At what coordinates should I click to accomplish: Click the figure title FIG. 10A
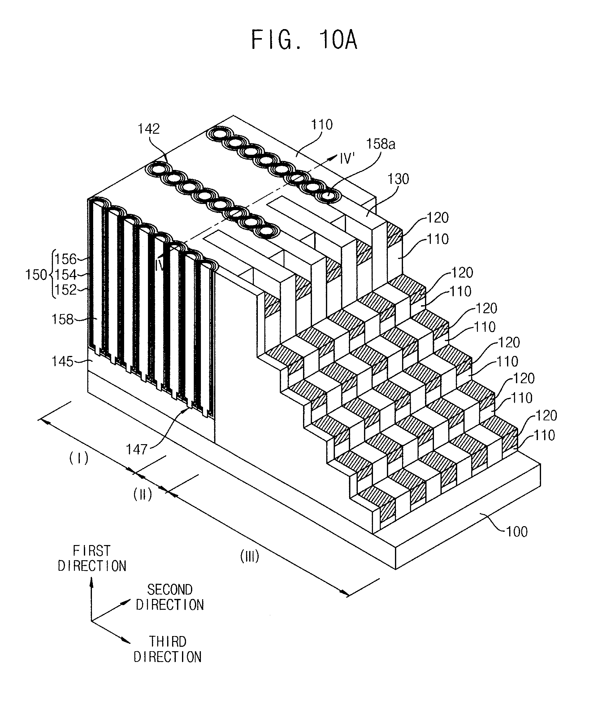[304, 40]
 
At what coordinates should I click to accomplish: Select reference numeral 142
[149, 129]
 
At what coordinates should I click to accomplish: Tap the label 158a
[380, 144]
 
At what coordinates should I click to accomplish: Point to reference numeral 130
[398, 179]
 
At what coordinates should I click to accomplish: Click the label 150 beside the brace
[36, 275]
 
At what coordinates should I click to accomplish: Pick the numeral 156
[66, 259]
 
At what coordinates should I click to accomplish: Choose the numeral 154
[66, 275]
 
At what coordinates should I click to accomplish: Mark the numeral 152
[66, 290]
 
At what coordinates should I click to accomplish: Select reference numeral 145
[63, 362]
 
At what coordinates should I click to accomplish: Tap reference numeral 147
[136, 449]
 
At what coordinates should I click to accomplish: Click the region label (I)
[79, 458]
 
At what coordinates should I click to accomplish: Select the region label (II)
[142, 495]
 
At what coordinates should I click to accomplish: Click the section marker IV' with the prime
[347, 158]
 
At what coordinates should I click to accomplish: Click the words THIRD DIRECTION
[168, 649]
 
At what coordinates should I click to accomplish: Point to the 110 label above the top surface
[322, 125]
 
